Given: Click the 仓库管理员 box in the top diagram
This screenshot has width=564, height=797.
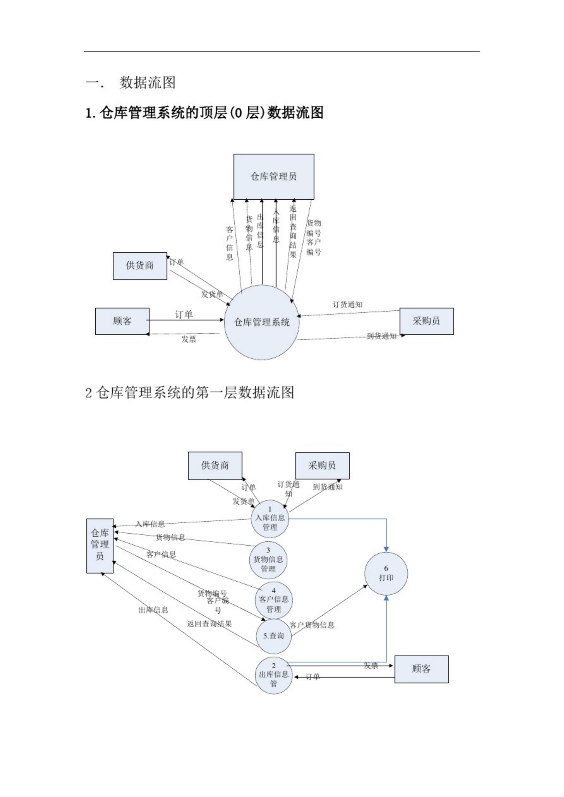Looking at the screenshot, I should [x=274, y=177].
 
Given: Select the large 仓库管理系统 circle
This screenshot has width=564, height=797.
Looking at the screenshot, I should [x=262, y=322].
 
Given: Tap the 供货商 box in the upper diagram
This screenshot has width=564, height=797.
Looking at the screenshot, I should [x=140, y=266].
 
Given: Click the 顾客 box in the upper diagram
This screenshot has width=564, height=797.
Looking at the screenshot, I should [x=122, y=321].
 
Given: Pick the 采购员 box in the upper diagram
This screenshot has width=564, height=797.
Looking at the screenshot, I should [x=426, y=321].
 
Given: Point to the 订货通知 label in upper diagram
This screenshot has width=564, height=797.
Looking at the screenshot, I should [x=347, y=305].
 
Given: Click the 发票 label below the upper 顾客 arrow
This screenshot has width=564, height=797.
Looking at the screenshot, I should [x=189, y=339].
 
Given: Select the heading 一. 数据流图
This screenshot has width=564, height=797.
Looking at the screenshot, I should [x=131, y=83].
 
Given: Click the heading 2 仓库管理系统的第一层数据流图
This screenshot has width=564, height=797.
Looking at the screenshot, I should [x=190, y=393].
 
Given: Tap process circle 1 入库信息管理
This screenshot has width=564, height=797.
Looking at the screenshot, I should [x=270, y=519].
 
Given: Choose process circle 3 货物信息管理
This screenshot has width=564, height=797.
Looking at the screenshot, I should [x=268, y=560].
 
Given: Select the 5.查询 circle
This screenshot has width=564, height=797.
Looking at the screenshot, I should [x=274, y=636].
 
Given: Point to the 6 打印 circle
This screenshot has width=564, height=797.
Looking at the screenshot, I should [x=386, y=573].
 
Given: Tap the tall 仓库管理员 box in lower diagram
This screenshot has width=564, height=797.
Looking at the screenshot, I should [x=100, y=546].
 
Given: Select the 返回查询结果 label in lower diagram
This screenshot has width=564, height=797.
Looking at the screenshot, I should [x=210, y=624].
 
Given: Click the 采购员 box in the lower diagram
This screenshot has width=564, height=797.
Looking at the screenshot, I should [x=322, y=466].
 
